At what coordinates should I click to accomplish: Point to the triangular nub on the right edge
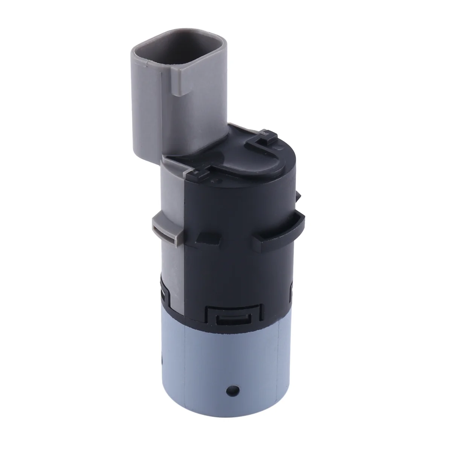coord(298,196)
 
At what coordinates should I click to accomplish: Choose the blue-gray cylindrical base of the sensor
coord(230,369)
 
